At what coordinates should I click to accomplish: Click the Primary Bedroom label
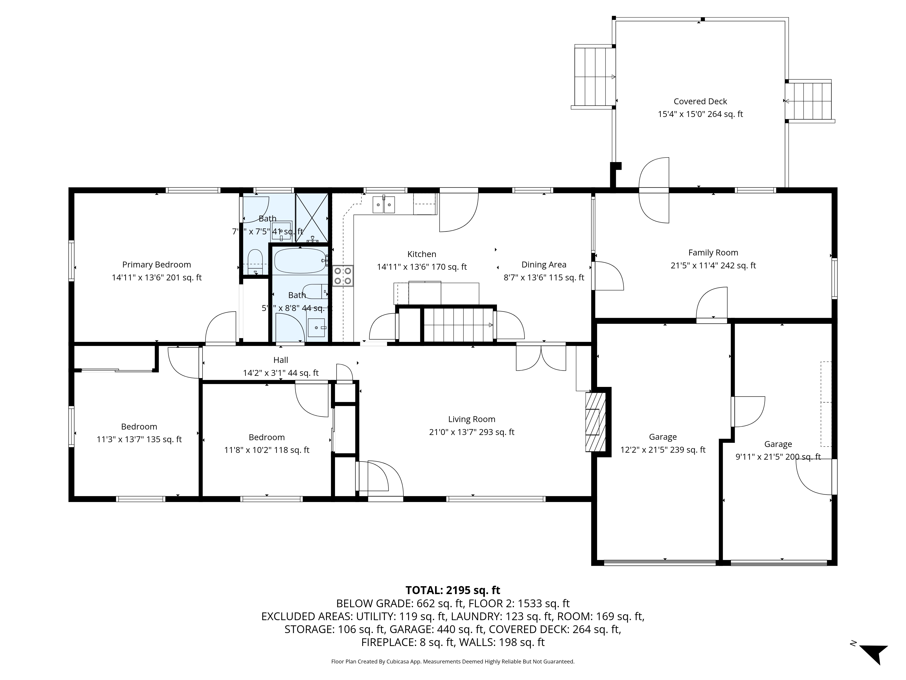(x=157, y=265)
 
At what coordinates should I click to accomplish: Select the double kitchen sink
(x=384, y=204)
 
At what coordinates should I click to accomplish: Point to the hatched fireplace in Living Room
(x=595, y=422)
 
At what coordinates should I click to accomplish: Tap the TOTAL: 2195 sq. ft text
(x=453, y=590)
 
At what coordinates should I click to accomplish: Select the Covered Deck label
(x=700, y=101)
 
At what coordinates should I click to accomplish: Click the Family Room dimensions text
(x=713, y=266)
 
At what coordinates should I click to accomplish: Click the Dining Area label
(x=544, y=265)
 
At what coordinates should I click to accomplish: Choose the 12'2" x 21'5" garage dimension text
(x=663, y=450)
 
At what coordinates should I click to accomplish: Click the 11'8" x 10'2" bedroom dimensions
(x=267, y=450)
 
